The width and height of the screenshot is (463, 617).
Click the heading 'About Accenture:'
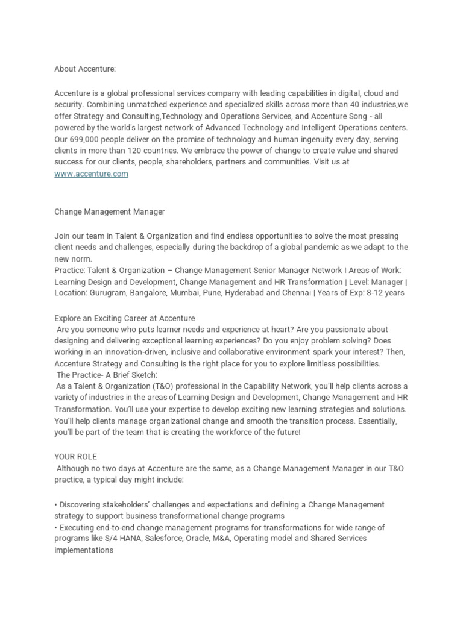point(84,69)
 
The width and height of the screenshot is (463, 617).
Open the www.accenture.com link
point(91,174)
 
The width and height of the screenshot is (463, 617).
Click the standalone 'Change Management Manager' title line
point(109,212)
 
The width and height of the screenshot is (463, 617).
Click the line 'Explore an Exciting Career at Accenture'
point(125,318)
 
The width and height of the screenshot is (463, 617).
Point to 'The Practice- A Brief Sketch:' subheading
point(107,375)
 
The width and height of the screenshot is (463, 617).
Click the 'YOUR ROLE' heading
point(75,456)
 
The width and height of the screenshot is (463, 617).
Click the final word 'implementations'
point(84,550)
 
